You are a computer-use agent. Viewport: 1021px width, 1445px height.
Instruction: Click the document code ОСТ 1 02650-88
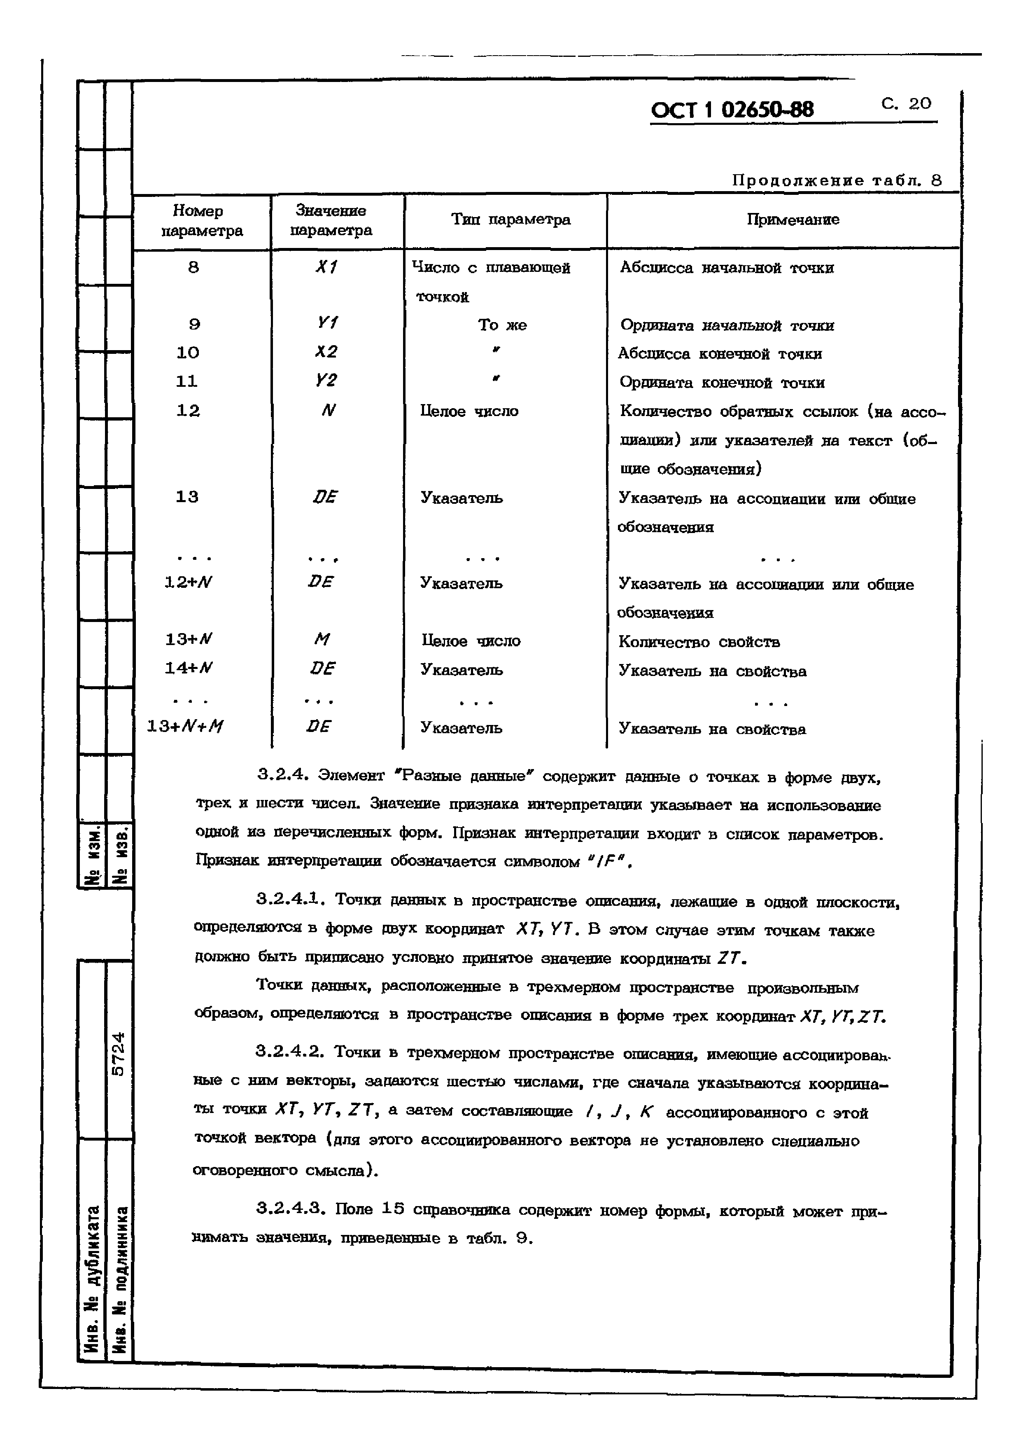tap(732, 110)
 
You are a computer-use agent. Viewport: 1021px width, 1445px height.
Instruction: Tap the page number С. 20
tap(906, 103)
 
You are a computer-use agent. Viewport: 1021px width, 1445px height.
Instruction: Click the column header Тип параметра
tap(510, 220)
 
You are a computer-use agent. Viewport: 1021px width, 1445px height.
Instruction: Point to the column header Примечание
tap(793, 220)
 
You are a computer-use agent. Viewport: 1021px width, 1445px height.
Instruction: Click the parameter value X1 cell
tap(326, 267)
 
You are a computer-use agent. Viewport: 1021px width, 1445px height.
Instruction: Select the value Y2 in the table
tap(326, 381)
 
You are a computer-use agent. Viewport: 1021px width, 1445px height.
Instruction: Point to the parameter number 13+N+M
tap(185, 727)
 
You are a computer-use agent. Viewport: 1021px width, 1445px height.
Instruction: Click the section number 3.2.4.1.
tap(291, 900)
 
